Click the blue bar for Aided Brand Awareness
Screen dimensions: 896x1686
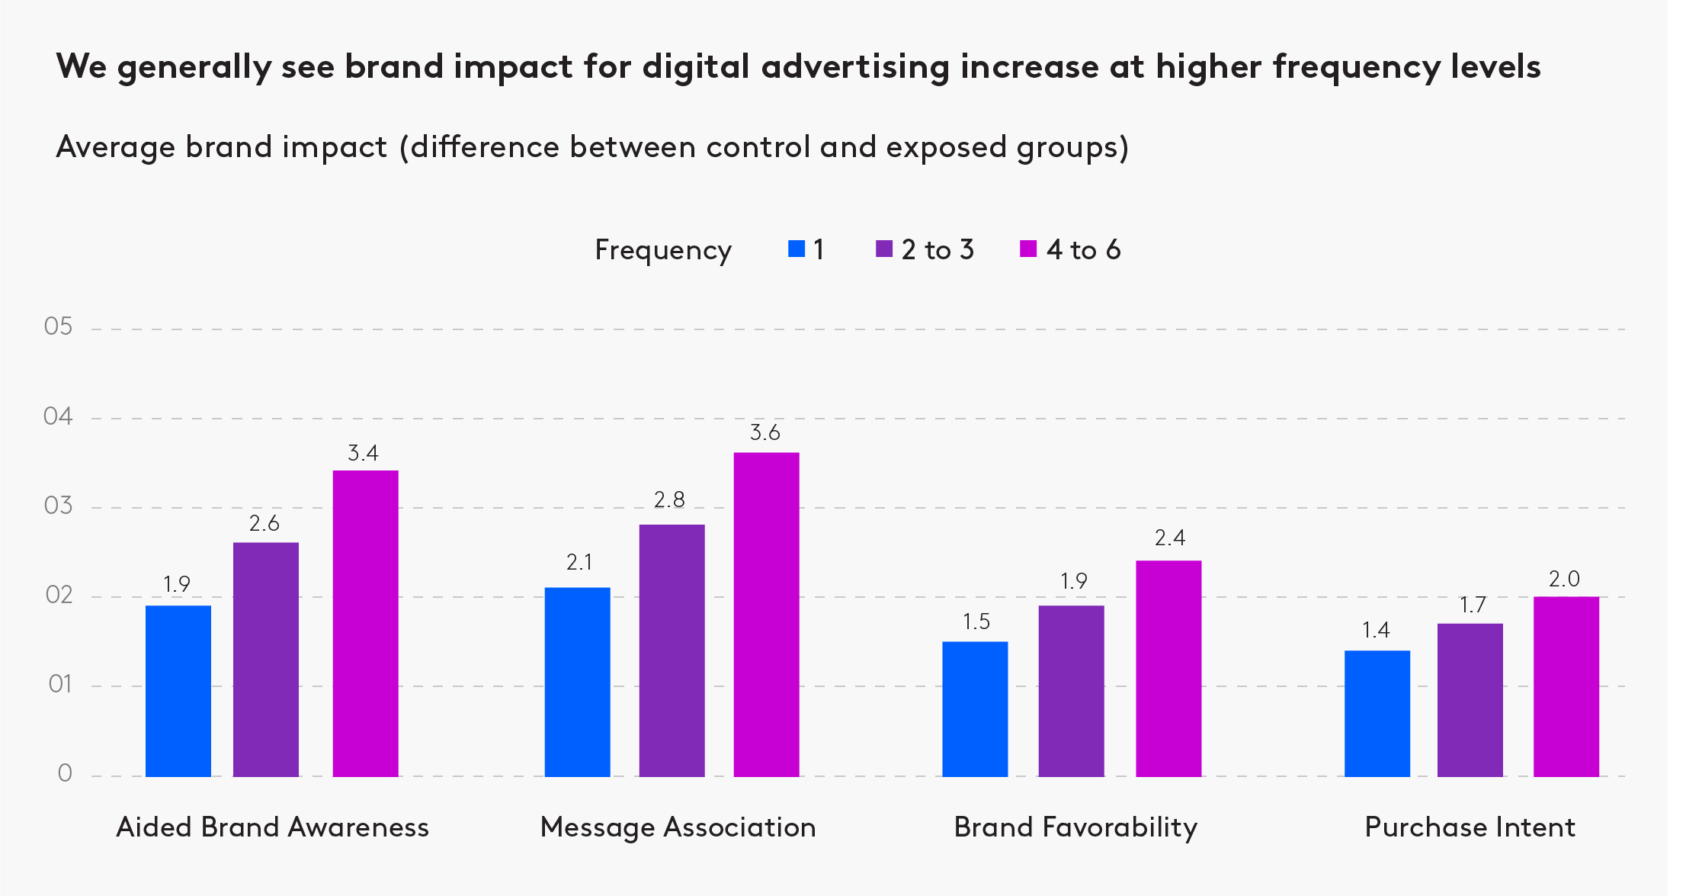pyautogui.click(x=178, y=690)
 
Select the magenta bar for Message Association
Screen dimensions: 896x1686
pyautogui.click(x=766, y=614)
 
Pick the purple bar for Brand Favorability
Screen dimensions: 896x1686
pyautogui.click(x=1071, y=690)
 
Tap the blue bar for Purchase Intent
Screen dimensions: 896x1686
pyautogui.click(x=1377, y=713)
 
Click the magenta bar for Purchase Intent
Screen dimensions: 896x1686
pyautogui.click(x=1566, y=686)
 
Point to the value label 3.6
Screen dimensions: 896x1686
pyautogui.click(x=764, y=433)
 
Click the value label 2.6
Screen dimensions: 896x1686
pyautogui.click(x=264, y=524)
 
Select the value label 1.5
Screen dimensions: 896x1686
pyautogui.click(x=976, y=622)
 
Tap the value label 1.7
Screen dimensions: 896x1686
pyautogui.click(x=1472, y=605)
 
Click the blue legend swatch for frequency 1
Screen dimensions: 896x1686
pyautogui.click(x=796, y=249)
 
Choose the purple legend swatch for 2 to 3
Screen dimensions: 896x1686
pyautogui.click(x=883, y=249)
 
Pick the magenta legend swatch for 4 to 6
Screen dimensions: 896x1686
pyautogui.click(x=1027, y=249)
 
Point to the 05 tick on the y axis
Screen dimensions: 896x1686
pyautogui.click(x=58, y=327)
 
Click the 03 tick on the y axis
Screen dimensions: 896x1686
pyautogui.click(x=58, y=506)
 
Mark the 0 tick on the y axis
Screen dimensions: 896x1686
pyautogui.click(x=65, y=774)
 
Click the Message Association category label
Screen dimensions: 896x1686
pyautogui.click(x=678, y=827)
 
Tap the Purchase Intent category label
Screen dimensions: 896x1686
pyautogui.click(x=1470, y=827)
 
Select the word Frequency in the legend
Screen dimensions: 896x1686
pyautogui.click(x=662, y=251)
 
